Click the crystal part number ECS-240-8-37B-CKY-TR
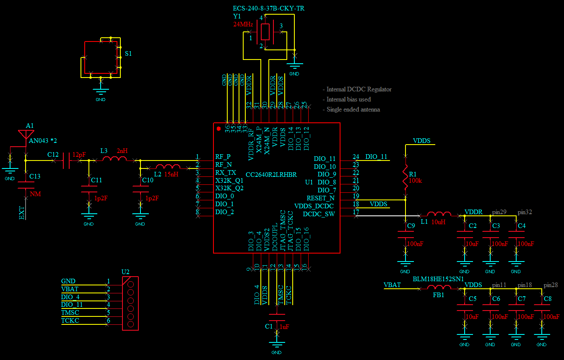pyautogui.click(x=268, y=8)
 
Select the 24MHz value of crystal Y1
pyautogui.click(x=243, y=24)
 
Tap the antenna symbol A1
pyautogui.click(x=26, y=135)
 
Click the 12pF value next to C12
pyautogui.click(x=79, y=155)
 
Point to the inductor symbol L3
pyautogui.click(x=114, y=158)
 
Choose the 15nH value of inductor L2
pyautogui.click(x=171, y=174)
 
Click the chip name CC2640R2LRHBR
pyautogui.click(x=271, y=175)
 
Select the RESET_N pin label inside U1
pyautogui.click(x=320, y=198)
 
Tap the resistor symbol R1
pyautogui.click(x=405, y=177)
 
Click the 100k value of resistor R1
pyautogui.click(x=415, y=181)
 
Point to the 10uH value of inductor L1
pyautogui.click(x=438, y=222)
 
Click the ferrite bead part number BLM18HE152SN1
pyautogui.click(x=438, y=279)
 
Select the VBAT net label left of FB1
pyautogui.click(x=392, y=285)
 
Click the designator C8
pyautogui.click(x=548, y=299)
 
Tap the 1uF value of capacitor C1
pyautogui.click(x=284, y=327)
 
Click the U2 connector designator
pyautogui.click(x=125, y=272)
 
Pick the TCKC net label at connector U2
pyautogui.click(x=70, y=321)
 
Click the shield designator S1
pyautogui.click(x=128, y=54)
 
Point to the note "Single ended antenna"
pyautogui.click(x=353, y=109)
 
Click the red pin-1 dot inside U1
pyautogui.click(x=218, y=129)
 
